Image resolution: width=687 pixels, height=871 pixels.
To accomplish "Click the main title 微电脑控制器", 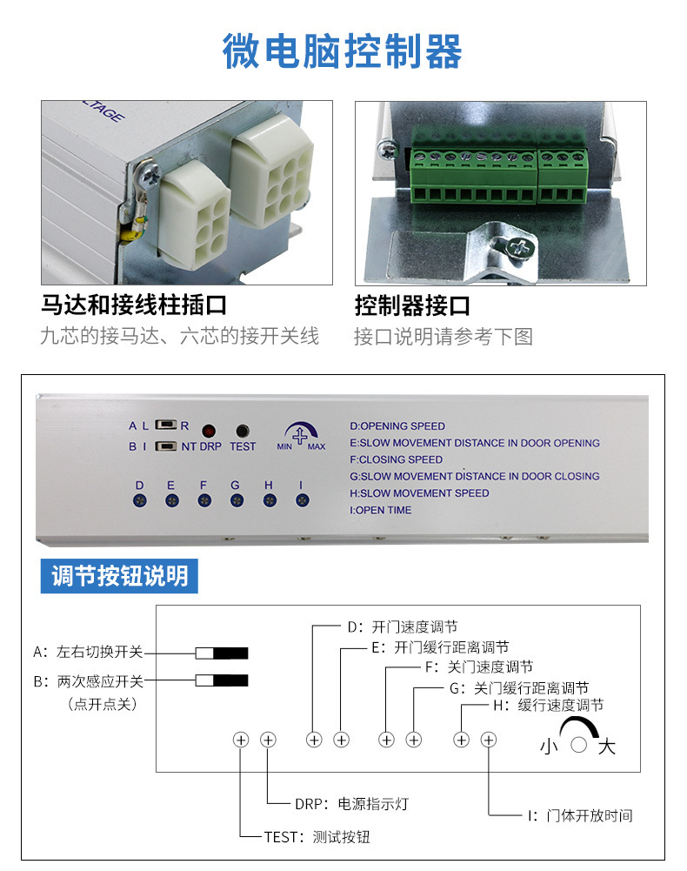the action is (x=342, y=50).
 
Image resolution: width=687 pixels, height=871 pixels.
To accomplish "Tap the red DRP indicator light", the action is (x=209, y=431).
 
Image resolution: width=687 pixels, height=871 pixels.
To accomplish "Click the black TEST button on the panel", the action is (x=243, y=431).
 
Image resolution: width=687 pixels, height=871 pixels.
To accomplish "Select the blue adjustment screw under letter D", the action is (x=140, y=501).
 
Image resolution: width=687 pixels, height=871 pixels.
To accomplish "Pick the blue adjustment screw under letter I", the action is (x=302, y=501).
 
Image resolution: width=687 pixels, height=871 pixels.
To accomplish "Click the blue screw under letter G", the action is (x=237, y=501).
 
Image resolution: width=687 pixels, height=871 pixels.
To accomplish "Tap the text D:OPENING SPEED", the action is (x=397, y=426).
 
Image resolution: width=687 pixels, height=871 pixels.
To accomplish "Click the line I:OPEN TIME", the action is (x=380, y=510).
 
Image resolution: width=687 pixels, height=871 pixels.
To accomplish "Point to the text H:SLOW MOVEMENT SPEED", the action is (x=419, y=493).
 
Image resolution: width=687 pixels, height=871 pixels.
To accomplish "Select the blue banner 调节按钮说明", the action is (x=119, y=576).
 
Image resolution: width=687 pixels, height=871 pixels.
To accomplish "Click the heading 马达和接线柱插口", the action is (x=134, y=305).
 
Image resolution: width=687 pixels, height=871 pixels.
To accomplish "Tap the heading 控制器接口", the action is (x=413, y=305).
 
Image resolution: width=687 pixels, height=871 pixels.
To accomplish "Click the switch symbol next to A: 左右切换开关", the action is (x=222, y=653).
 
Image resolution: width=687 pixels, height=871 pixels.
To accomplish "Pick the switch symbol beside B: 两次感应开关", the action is (x=222, y=680).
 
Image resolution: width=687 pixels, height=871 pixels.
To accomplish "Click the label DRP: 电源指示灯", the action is (x=351, y=804).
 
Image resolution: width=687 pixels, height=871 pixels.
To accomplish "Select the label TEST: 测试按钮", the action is (x=317, y=837).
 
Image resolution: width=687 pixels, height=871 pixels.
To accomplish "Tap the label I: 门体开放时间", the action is (x=580, y=815).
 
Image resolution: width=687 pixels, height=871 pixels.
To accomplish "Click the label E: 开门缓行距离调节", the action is (x=440, y=647).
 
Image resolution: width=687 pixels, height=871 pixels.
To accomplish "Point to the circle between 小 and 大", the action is (x=578, y=745).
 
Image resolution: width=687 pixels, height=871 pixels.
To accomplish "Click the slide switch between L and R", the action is (x=166, y=425).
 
